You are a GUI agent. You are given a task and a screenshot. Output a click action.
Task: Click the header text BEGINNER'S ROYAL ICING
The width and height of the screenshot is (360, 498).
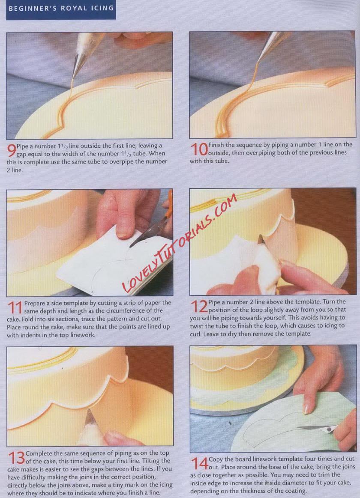61,8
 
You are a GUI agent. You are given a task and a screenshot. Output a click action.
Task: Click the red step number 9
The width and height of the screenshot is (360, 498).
12,150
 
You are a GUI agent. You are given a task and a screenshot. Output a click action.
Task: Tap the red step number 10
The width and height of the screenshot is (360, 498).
199,149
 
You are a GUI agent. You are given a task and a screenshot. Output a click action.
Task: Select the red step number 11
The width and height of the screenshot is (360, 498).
15,307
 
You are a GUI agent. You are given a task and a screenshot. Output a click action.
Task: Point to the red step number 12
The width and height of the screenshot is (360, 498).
199,307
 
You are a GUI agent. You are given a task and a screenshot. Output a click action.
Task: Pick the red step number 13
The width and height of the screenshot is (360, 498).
16,458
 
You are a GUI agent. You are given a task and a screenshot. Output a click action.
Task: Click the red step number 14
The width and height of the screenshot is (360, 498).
199,463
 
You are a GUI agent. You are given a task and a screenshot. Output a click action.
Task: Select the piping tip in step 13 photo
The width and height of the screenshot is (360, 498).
90,416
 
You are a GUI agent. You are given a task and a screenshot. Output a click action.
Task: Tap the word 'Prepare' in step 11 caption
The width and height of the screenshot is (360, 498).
35,303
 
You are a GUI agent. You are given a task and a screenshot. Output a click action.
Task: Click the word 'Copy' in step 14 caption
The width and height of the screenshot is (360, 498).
216,459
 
